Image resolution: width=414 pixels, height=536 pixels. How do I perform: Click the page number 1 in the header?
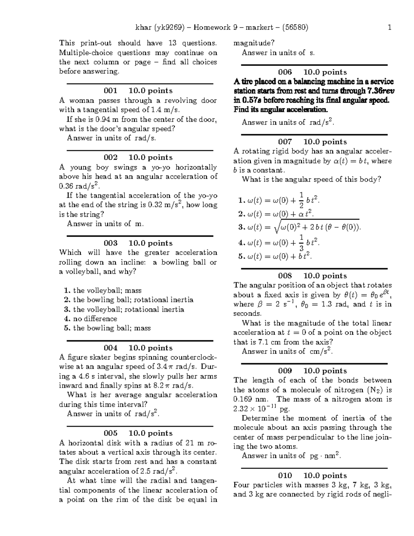390,27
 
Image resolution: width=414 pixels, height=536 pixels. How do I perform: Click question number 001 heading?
110,91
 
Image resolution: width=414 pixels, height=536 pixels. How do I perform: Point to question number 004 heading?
110,348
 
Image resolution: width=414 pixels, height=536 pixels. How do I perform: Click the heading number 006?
285,72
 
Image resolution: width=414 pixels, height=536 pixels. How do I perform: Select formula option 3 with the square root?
299,227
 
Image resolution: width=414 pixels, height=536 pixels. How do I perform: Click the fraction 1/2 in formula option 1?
301,201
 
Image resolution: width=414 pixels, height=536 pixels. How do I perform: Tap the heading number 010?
285,476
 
